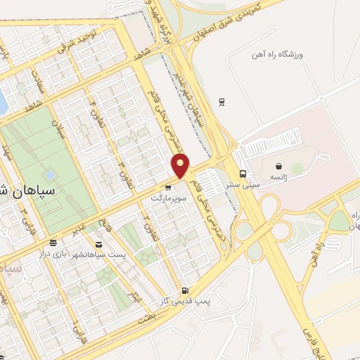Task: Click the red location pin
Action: pyautogui.click(x=181, y=167)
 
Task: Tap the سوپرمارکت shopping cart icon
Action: pyautogui.click(x=167, y=188)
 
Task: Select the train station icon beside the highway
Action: pyautogui.click(x=222, y=101)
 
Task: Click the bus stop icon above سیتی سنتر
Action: pyautogui.click(x=243, y=174)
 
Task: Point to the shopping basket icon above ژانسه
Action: pyautogui.click(x=279, y=167)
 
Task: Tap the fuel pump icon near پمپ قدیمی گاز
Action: pyautogui.click(x=184, y=290)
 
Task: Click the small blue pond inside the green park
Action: pyautogui.click(x=49, y=174)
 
